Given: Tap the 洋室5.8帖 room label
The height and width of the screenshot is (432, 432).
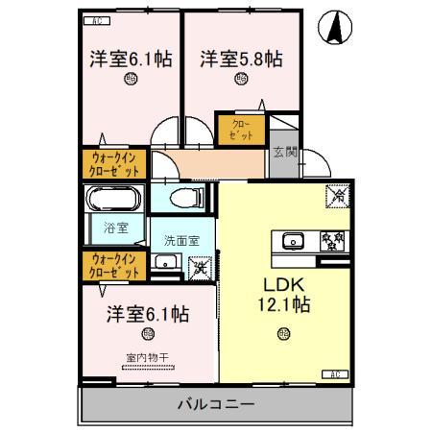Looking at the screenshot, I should click(241, 59).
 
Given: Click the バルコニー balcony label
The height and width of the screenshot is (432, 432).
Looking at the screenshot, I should click(216, 404).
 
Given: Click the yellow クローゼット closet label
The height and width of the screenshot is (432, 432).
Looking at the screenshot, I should click(241, 131).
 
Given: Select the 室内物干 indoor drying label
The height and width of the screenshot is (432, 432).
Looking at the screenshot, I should click(147, 359).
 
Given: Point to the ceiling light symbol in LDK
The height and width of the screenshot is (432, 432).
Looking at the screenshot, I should click(282, 334).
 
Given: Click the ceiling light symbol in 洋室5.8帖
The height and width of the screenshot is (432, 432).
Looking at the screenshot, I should click(239, 83).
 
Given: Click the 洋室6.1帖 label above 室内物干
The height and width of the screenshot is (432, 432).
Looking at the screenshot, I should click(147, 314).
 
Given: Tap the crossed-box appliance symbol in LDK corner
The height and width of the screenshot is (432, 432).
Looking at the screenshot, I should click(338, 196).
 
